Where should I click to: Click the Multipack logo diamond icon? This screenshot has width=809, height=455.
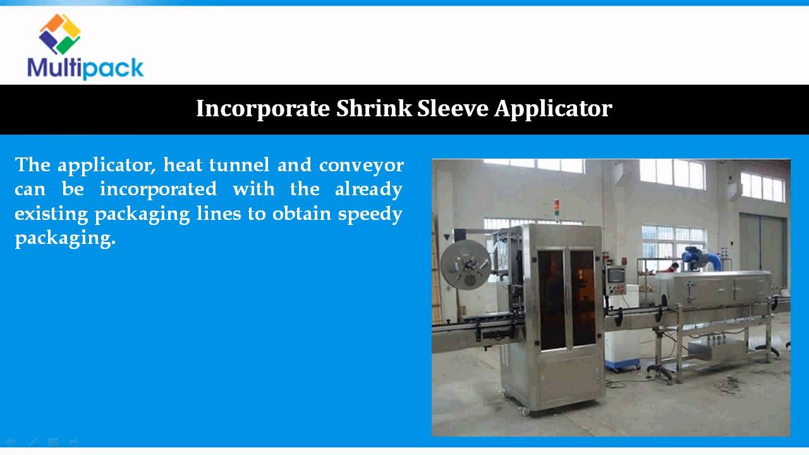[x=60, y=33]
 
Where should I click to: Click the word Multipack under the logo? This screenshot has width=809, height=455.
[x=85, y=67]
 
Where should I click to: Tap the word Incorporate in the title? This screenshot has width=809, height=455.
[x=263, y=109]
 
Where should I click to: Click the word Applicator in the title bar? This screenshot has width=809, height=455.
[x=553, y=109]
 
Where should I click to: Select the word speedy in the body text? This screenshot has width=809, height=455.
[x=370, y=214]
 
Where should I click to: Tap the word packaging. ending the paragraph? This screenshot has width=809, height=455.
[x=65, y=239]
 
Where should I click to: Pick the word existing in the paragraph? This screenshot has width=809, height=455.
[x=51, y=214]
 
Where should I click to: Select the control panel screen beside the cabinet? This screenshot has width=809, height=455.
[x=615, y=276]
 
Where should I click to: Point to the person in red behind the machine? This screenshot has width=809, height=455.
[x=674, y=267]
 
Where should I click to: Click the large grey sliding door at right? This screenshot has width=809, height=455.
[x=763, y=253]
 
